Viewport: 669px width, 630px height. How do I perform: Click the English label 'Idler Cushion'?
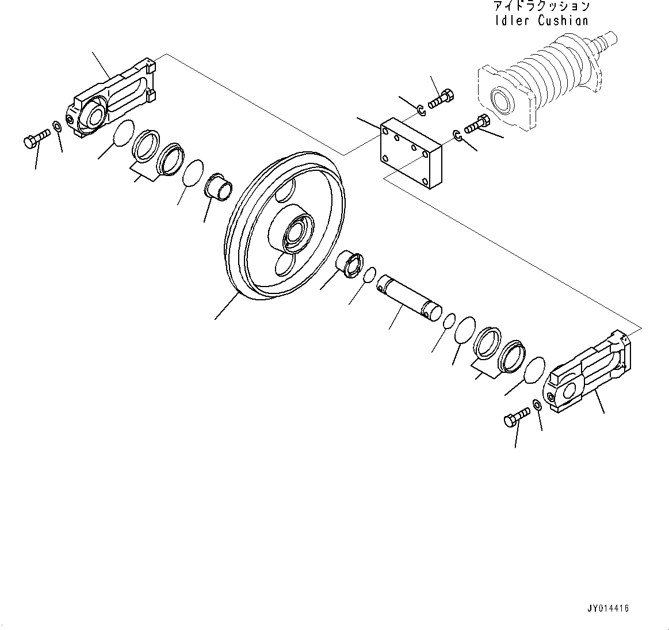pos(541,21)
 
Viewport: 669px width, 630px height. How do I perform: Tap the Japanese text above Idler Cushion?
pos(541,6)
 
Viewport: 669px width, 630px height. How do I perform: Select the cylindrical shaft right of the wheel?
pos(409,295)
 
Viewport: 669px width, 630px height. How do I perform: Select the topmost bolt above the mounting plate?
pos(441,98)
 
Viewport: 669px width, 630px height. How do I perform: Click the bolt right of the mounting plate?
pos(476,124)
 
